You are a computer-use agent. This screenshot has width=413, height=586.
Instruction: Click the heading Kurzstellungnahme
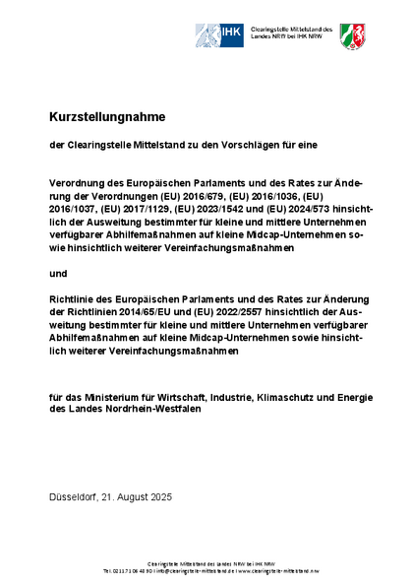click(x=107, y=116)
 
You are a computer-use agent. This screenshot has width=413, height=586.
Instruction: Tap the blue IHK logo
click(x=220, y=36)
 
